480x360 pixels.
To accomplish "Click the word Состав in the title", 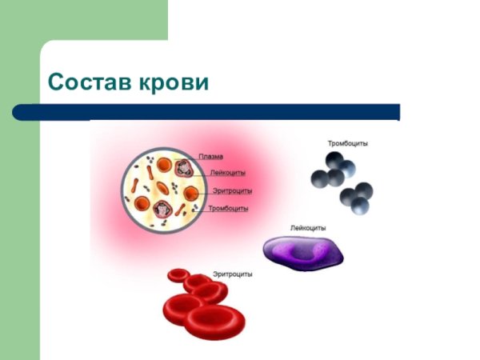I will [90, 82].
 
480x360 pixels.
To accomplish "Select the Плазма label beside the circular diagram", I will [210, 157].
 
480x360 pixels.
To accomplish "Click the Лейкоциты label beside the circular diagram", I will [228, 173].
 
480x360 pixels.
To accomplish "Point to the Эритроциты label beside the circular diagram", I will [233, 190].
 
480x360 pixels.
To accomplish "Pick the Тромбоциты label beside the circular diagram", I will [228, 208].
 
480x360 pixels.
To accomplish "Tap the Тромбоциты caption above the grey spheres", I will [348, 144].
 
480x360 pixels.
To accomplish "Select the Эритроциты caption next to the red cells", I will [233, 274].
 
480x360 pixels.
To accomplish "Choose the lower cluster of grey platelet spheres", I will [357, 196].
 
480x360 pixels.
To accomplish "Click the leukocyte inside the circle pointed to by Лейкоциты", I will [182, 169].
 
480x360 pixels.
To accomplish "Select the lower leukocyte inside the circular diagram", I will [165, 208].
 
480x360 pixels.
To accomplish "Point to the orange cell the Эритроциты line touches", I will [191, 194].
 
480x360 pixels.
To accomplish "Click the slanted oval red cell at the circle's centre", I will [162, 189].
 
